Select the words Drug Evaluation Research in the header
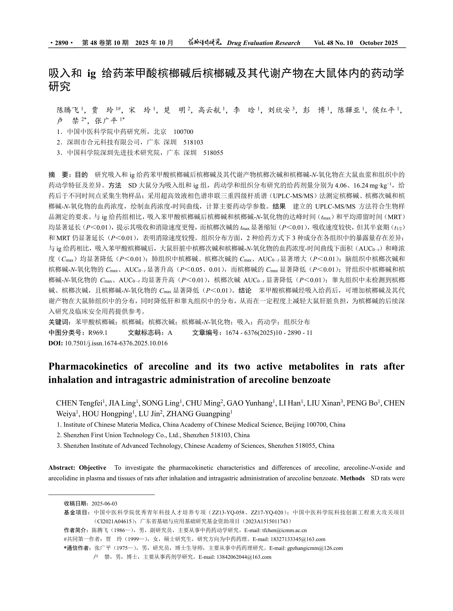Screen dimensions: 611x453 pos(263,43)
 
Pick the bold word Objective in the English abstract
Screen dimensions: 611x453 pos(92,468)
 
